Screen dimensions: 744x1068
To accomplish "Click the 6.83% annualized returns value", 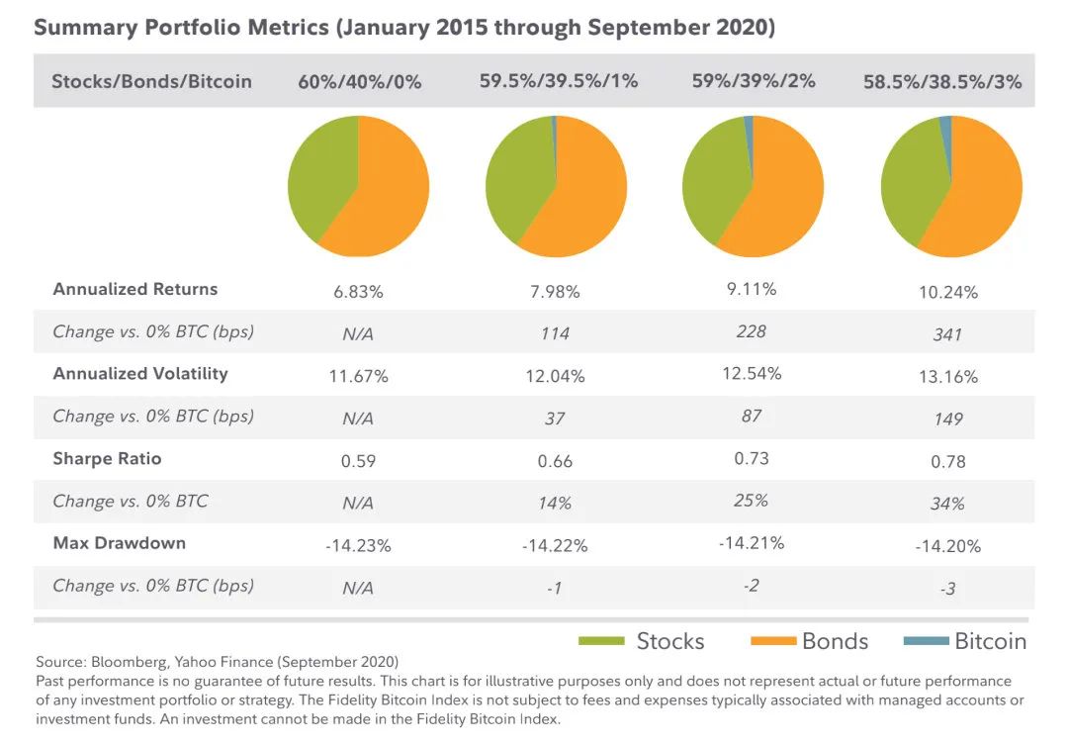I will click(x=359, y=292).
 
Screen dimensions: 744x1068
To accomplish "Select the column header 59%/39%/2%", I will click(x=754, y=81).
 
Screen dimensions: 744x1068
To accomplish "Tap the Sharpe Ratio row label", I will click(x=107, y=459).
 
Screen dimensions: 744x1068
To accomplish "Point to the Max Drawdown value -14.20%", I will click(x=946, y=546).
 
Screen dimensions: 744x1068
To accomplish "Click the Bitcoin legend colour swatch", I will click(x=927, y=641).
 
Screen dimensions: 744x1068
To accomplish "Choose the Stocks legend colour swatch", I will click(x=601, y=641).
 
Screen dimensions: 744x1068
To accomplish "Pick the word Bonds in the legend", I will click(x=835, y=641).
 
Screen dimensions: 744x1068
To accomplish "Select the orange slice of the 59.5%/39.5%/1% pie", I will click(x=583, y=198).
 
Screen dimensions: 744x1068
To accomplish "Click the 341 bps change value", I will click(x=946, y=334).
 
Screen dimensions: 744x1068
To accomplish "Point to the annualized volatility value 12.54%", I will click(x=752, y=373).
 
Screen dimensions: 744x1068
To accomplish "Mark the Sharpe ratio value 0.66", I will click(x=555, y=461).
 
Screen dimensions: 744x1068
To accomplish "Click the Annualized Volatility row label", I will click(x=140, y=374).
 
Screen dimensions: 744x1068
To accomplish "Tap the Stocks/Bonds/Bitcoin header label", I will click(x=151, y=81).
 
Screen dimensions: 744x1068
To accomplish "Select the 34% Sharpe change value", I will click(x=946, y=504).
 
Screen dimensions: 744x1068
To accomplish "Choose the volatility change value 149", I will click(x=946, y=419).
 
